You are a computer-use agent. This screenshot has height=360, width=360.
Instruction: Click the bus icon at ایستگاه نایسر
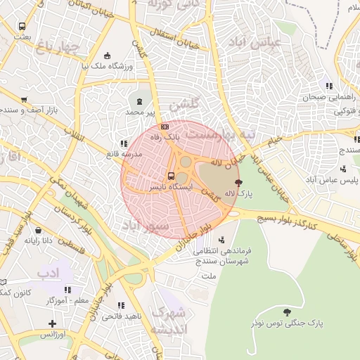coord(171,176)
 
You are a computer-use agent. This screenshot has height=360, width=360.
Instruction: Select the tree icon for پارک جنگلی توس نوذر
coord(285,311)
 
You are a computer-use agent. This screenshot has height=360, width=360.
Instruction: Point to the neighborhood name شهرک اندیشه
coord(169,320)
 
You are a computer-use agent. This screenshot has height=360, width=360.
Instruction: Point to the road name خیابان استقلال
coord(175,39)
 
